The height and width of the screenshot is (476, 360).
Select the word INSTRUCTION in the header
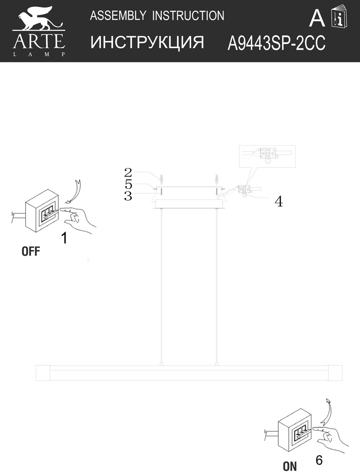[x=188, y=16]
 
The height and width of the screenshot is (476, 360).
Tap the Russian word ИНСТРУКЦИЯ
[x=147, y=42]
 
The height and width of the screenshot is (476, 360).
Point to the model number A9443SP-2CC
[x=276, y=43]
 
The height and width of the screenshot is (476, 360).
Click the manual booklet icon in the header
[x=339, y=16]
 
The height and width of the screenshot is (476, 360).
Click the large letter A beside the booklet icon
[x=317, y=18]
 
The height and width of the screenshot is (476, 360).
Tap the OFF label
[x=30, y=251]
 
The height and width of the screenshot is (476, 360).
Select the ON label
[x=290, y=466]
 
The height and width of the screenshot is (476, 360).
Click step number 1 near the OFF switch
[x=64, y=238]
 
